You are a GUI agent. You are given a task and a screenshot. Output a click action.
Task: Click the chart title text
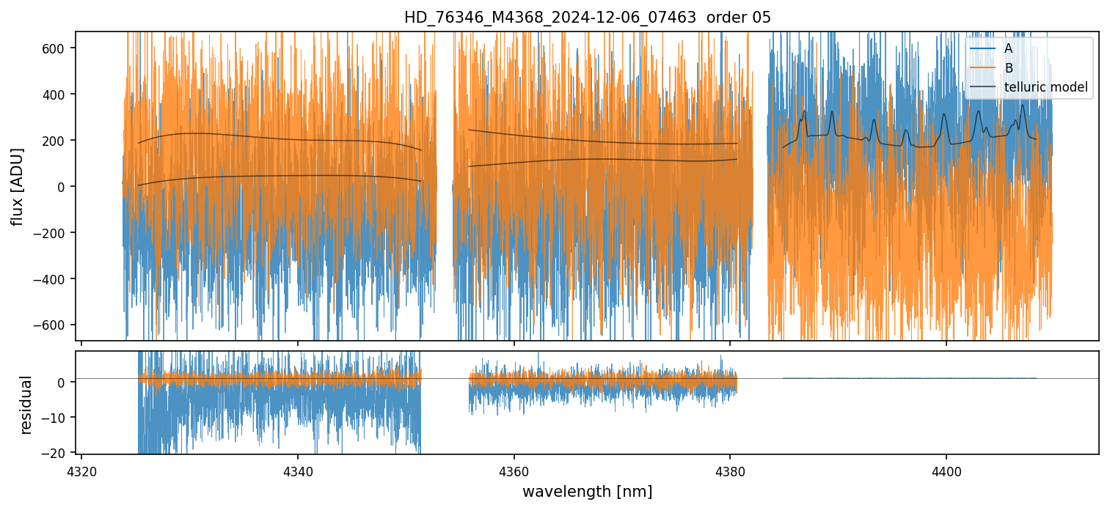click(587, 18)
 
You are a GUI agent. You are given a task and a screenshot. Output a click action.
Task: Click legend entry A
click(1008, 48)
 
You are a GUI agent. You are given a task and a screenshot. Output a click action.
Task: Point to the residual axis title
click(26, 404)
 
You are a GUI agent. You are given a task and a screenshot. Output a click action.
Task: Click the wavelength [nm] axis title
click(587, 491)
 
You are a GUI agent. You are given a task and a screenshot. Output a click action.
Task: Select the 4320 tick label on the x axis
click(81, 470)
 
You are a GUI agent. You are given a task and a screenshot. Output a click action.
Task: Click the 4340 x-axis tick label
click(297, 470)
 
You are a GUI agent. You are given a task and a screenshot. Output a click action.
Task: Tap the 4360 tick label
click(514, 470)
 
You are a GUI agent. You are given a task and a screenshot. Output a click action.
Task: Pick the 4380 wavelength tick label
click(730, 470)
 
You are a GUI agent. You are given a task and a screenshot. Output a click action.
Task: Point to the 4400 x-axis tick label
click(946, 470)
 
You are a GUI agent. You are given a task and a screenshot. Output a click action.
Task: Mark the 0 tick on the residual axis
click(63, 382)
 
